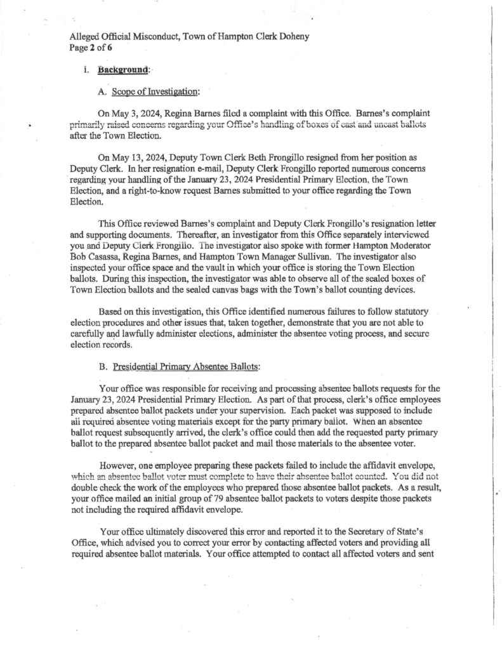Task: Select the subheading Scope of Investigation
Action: click(x=156, y=92)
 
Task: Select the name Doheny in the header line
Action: click(x=293, y=36)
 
